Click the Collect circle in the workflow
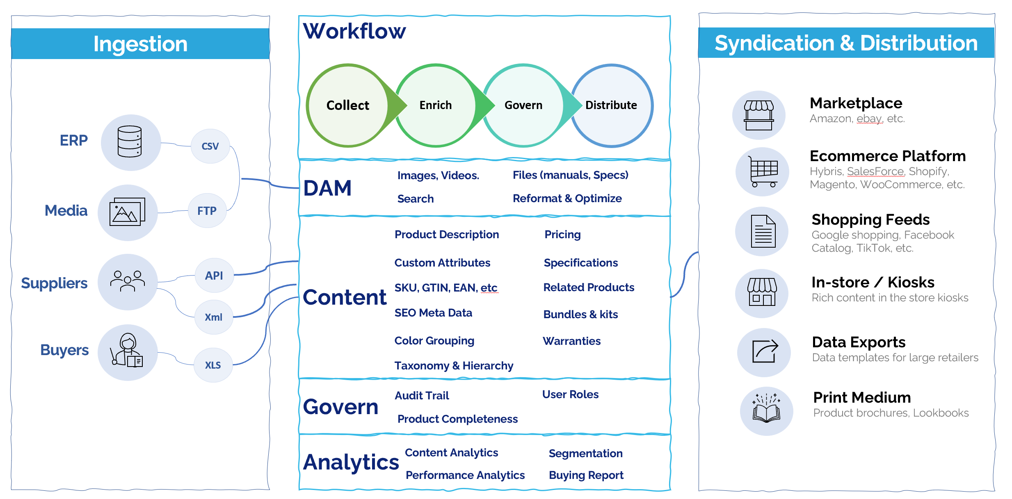coord(347,105)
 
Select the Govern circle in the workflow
coord(523,105)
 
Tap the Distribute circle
coord(611,105)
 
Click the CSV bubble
coord(210,146)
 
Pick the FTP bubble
coord(207,211)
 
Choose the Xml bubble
coord(213,317)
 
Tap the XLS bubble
coord(213,365)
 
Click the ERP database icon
coord(130,142)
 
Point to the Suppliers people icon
coord(128,281)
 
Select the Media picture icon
coord(128,212)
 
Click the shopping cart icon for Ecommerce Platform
coord(762,172)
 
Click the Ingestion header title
coord(140,44)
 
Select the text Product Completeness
coord(457,419)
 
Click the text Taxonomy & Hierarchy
coord(454,365)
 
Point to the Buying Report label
coord(586,475)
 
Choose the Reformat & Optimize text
coord(567,198)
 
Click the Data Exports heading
coord(859,342)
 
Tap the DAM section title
coord(327,188)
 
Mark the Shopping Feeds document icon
coord(763,232)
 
